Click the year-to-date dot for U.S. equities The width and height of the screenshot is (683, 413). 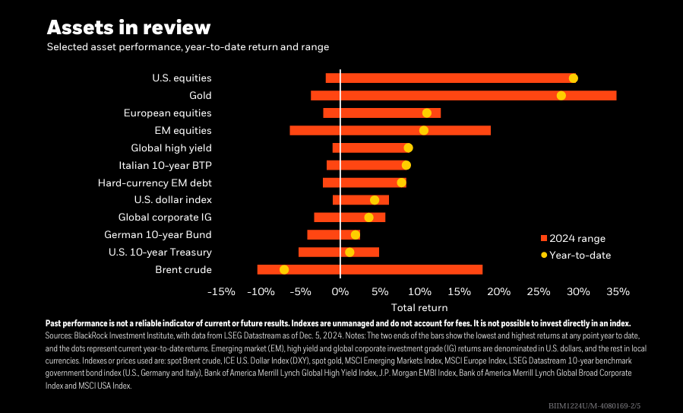pos(573,78)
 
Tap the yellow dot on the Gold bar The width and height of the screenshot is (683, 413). pos(561,96)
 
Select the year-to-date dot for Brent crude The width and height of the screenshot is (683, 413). pos(284,270)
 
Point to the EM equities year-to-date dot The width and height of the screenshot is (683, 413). pos(423,131)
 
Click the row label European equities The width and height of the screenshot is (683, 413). pos(167,113)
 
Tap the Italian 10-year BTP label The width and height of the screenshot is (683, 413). pos(165,165)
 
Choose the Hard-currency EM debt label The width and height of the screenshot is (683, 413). pos(154,183)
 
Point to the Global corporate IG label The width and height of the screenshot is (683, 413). pos(165,218)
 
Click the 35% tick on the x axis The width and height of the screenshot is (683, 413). pos(618,292)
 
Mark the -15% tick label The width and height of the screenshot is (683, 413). pos(221,292)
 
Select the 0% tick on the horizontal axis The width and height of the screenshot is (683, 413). pos(340,292)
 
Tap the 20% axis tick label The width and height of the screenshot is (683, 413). pos(498,292)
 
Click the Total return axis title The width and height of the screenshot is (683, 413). pos(419,308)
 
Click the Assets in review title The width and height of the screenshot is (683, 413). pos(128,28)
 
